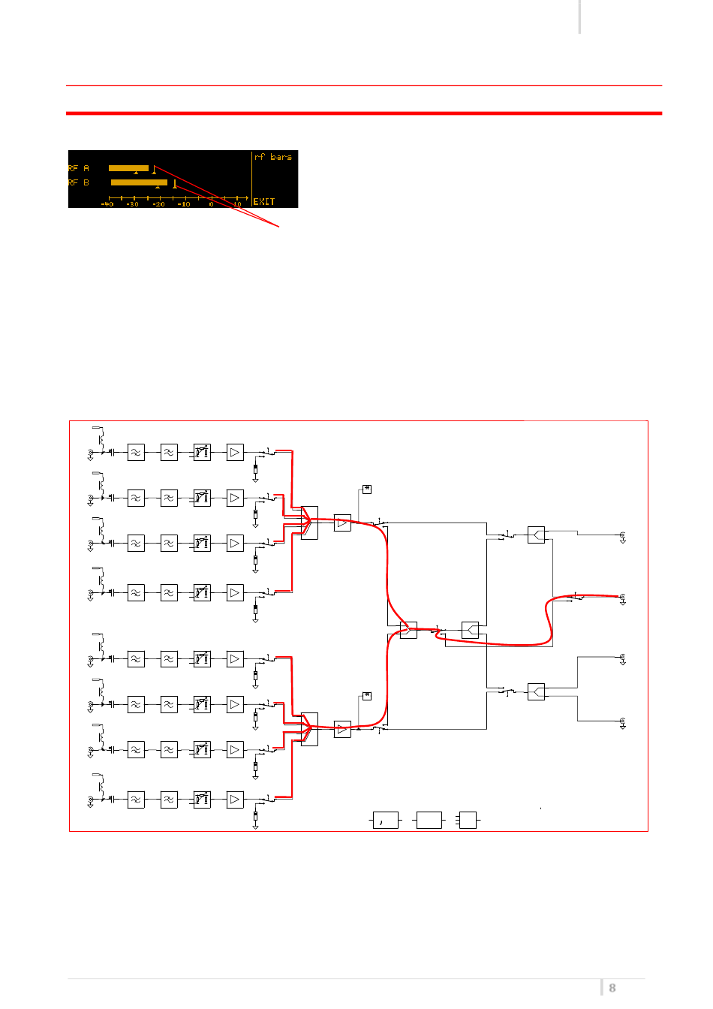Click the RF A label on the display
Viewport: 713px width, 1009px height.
coord(79,168)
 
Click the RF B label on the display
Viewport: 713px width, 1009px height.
coord(79,182)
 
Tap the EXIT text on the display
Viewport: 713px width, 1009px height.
coord(264,201)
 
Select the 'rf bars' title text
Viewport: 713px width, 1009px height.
coord(273,157)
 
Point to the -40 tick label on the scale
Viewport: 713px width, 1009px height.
coord(107,203)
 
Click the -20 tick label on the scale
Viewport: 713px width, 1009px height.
coord(158,203)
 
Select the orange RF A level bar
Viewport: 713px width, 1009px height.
coord(128,168)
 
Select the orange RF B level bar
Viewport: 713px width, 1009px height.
coord(139,182)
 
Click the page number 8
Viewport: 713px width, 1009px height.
coord(612,988)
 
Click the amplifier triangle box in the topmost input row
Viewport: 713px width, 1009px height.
coord(235,453)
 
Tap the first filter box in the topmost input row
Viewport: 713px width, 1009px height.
coord(136,453)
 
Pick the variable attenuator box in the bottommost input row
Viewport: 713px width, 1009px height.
coord(202,800)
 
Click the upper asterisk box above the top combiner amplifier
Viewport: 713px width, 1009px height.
coord(367,489)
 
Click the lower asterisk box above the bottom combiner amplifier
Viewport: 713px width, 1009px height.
coord(367,696)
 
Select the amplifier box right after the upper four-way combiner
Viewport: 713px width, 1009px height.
coord(342,523)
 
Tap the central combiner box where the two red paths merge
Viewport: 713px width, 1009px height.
coord(408,630)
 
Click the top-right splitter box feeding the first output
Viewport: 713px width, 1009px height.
coord(536,535)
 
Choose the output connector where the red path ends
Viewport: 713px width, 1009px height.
coord(622,598)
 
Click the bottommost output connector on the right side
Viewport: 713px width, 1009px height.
coord(622,722)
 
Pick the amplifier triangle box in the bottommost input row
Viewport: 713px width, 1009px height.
coord(235,800)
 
